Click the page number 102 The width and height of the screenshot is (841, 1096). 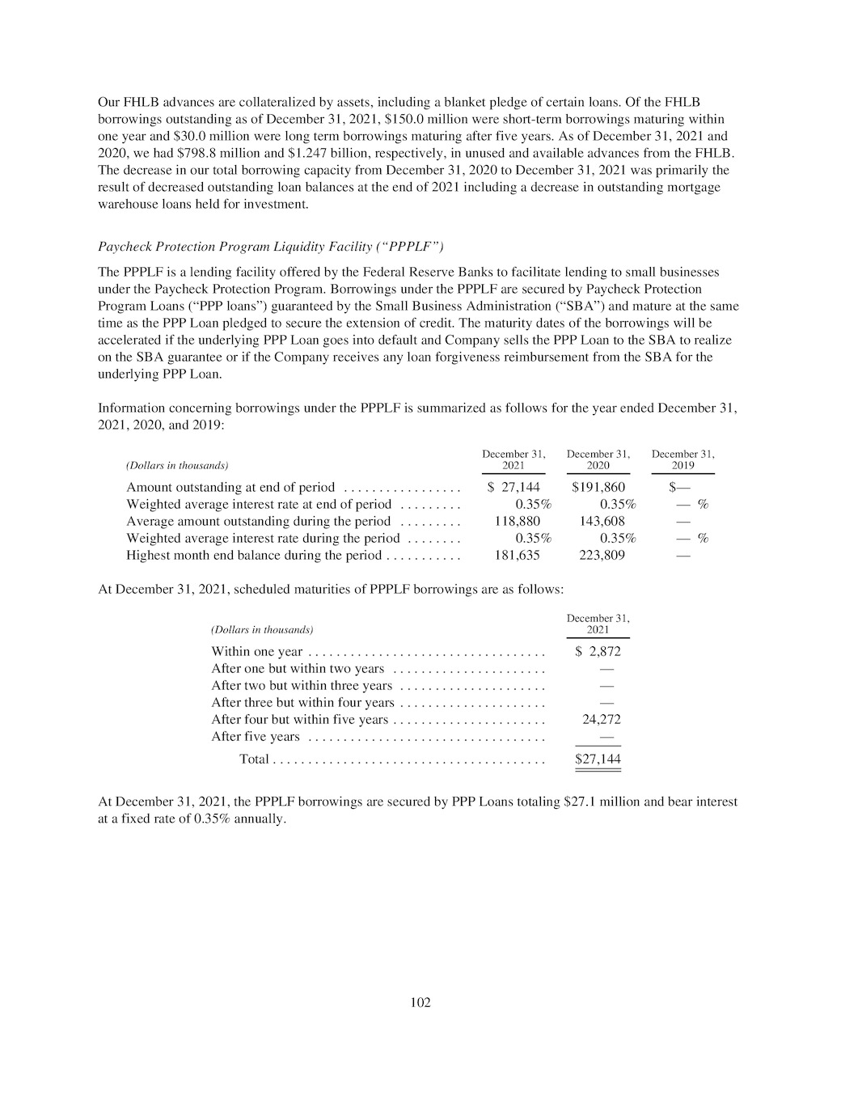(420, 1003)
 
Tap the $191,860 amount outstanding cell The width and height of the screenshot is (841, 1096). (598, 487)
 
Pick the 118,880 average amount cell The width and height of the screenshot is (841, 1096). (518, 521)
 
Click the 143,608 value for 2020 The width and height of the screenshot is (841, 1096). (602, 521)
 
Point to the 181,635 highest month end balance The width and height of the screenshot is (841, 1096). (518, 555)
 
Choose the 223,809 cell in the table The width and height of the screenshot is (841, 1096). (602, 555)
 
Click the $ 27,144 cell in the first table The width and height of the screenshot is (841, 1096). (514, 487)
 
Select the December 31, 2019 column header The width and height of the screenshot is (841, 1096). (683, 459)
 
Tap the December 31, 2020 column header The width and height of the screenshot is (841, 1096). (598, 459)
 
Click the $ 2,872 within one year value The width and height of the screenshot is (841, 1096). (598, 651)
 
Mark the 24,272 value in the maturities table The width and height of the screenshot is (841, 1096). (602, 719)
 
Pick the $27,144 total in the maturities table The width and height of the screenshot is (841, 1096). (598, 759)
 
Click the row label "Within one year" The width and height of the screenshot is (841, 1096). (256, 651)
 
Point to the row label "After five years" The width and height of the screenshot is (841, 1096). (255, 736)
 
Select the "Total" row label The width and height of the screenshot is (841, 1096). (254, 759)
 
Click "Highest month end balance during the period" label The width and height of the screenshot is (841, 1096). (253, 555)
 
